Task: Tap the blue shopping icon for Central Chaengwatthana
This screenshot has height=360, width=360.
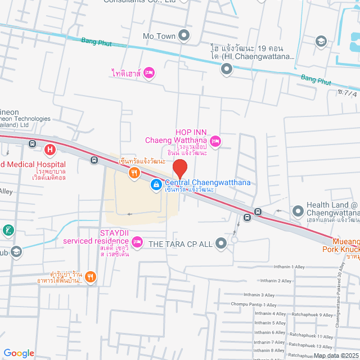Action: tap(155, 184)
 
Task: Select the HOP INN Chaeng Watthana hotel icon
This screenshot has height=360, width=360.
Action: tap(215, 140)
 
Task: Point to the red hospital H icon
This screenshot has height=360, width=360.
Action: tap(51, 150)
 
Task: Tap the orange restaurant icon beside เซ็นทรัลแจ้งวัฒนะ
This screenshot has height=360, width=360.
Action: tap(133, 173)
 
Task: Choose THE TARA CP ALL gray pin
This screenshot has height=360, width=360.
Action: tap(220, 243)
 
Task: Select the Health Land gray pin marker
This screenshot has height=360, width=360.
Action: tap(298, 211)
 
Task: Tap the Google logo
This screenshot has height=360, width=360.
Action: tap(19, 353)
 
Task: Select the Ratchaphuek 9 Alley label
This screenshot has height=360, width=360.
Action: tap(310, 315)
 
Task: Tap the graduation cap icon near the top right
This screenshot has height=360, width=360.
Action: tap(321, 40)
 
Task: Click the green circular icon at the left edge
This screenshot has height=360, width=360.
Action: tap(7, 229)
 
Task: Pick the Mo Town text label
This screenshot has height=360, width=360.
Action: tap(159, 36)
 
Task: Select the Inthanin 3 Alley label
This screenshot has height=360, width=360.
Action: tap(259, 295)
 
